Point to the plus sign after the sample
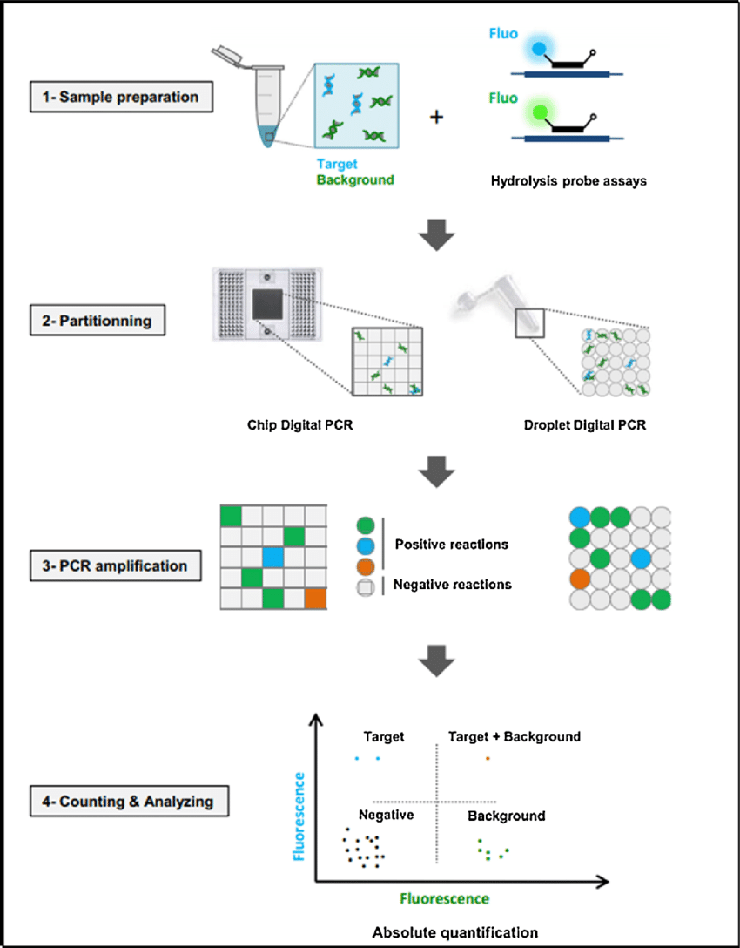click(x=435, y=116)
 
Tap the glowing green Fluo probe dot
click(x=539, y=111)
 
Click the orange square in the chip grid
click(x=315, y=599)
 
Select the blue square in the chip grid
click(x=273, y=557)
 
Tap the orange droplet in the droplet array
click(x=579, y=579)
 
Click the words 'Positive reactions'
click(x=451, y=545)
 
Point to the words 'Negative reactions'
click(x=452, y=585)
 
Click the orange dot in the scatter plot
click(x=488, y=758)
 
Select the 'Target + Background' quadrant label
click(x=514, y=737)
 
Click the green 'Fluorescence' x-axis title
click(x=444, y=898)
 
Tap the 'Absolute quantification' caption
click(x=454, y=932)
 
